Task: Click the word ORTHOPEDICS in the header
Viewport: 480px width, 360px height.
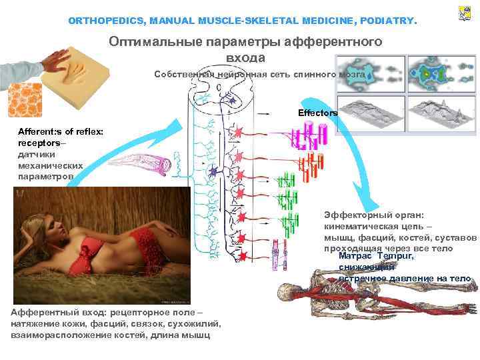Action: (106, 21)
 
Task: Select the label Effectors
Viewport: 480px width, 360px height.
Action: (318, 113)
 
